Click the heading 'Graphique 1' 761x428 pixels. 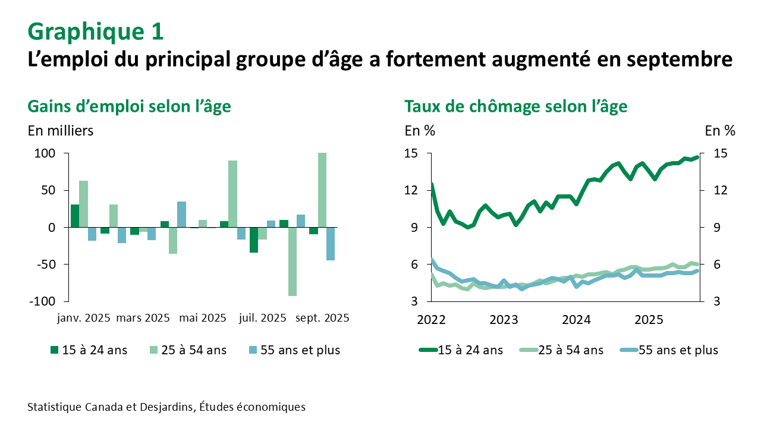[x=96, y=32]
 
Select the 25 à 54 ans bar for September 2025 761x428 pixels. [x=322, y=190]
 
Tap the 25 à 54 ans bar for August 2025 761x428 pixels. [x=292, y=262]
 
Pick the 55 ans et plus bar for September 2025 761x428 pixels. [x=331, y=244]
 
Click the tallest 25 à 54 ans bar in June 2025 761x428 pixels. [x=232, y=194]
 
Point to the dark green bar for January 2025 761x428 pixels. [x=75, y=216]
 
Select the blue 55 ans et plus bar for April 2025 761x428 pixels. [x=182, y=214]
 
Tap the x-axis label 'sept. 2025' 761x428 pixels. [x=322, y=318]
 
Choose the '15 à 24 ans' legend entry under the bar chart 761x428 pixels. [x=89, y=350]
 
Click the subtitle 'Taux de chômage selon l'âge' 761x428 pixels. [x=515, y=106]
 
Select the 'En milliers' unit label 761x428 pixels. [x=61, y=131]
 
